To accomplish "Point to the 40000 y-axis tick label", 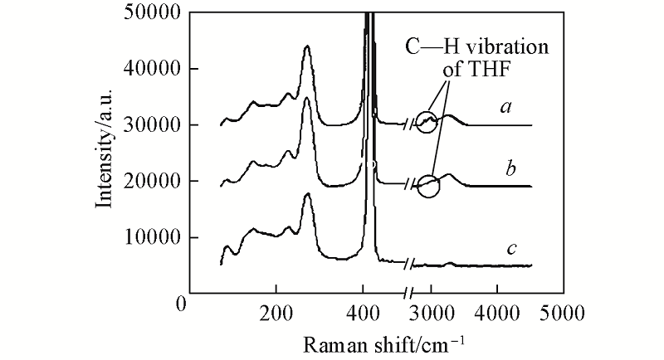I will coord(154,70).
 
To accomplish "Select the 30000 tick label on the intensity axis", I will coord(154,125).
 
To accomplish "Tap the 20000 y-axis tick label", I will coord(154,182).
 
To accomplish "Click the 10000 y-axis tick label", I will coord(154,238).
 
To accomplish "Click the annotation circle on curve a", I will coord(428,122).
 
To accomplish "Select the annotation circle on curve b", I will coord(428,186).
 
